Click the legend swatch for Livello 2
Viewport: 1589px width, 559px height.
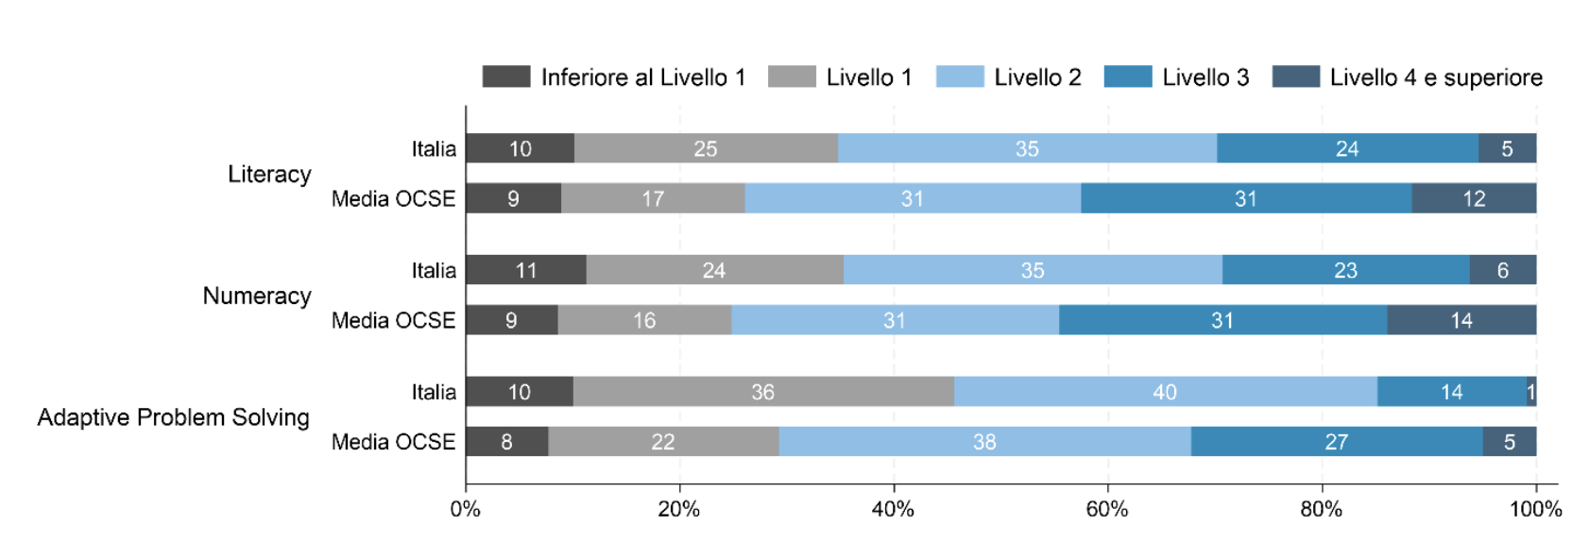click(959, 76)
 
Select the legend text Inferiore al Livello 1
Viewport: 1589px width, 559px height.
click(642, 77)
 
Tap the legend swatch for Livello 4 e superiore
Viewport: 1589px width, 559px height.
click(1295, 76)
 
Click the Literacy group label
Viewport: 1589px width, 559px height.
click(269, 175)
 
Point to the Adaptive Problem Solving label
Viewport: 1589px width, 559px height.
click(173, 417)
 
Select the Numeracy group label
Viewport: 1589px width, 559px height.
click(257, 296)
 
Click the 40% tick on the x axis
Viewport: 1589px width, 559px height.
click(894, 510)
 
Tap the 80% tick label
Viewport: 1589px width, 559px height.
click(1321, 510)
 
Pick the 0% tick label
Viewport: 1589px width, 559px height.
click(465, 510)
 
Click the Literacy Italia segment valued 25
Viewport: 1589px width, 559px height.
click(706, 148)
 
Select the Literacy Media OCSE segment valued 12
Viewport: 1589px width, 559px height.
click(1474, 198)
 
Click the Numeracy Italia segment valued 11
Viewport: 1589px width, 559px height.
click(525, 270)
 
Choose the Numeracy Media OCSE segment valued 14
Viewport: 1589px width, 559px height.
click(1461, 320)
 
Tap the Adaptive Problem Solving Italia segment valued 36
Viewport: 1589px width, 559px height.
click(762, 392)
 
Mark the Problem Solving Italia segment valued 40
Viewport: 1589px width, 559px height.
click(1165, 392)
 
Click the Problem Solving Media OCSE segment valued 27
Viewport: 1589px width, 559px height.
click(1336, 442)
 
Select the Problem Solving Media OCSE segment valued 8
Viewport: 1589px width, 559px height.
click(506, 442)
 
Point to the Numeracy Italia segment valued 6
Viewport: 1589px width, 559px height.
click(1502, 270)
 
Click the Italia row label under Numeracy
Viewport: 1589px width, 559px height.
click(434, 271)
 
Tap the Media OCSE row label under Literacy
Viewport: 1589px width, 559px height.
click(393, 199)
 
